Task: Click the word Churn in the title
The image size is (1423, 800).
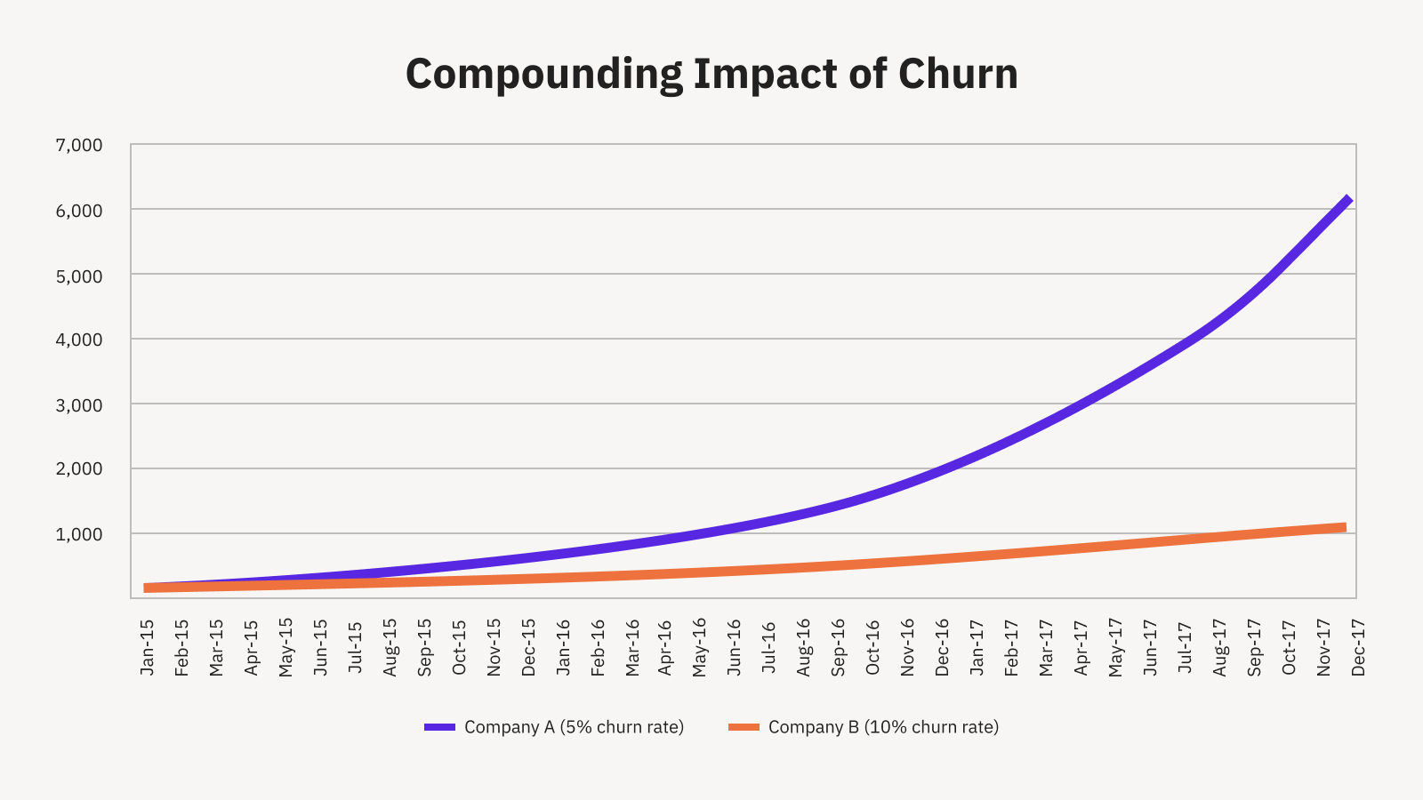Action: click(x=958, y=74)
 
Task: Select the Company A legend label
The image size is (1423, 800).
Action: click(x=574, y=727)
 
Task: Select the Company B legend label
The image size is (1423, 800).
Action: click(x=883, y=727)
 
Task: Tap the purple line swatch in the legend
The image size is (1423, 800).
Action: click(x=439, y=727)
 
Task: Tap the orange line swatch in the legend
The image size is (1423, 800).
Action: click(x=744, y=727)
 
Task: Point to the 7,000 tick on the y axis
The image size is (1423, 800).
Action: click(x=79, y=145)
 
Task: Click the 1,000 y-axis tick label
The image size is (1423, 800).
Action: click(x=79, y=534)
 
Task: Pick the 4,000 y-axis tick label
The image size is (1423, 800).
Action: click(x=79, y=340)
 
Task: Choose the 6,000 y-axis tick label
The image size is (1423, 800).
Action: click(x=79, y=211)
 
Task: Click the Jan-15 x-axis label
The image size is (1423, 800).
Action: click(x=148, y=648)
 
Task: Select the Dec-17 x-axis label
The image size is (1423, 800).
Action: click(x=1358, y=648)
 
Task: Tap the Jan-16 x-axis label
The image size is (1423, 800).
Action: click(x=563, y=648)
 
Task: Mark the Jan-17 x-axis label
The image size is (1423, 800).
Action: click(x=977, y=648)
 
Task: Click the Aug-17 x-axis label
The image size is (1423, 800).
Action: click(x=1219, y=648)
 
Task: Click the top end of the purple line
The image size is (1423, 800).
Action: click(x=1348, y=200)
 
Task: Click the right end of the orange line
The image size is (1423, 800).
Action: click(x=1343, y=528)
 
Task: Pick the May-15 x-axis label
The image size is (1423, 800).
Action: click(x=285, y=648)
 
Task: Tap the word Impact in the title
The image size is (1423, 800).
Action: click(x=765, y=74)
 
